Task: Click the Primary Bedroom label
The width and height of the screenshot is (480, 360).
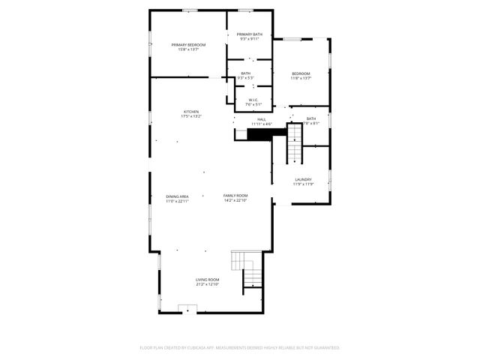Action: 188,45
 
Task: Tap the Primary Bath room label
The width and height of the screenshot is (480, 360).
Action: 250,34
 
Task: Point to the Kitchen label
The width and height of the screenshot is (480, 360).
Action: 191,112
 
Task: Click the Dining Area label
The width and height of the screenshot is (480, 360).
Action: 177,196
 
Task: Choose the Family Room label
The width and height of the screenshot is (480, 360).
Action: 235,196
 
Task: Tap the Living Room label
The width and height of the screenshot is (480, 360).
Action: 207,280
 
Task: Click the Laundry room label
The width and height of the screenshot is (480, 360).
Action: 303,179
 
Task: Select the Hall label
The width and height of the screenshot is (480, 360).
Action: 262,119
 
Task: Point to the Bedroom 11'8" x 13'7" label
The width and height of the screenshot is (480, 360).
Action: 301,73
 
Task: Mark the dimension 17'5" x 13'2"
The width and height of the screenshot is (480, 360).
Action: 191,116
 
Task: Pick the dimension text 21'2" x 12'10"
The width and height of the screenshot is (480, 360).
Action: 207,284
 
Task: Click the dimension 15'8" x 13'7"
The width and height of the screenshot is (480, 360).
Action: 188,49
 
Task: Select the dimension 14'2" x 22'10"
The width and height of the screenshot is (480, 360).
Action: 235,201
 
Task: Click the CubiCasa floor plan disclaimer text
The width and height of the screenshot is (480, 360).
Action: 240,348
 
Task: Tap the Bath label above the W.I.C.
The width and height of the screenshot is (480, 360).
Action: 246,73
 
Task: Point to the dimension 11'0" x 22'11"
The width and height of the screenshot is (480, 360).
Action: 177,201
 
